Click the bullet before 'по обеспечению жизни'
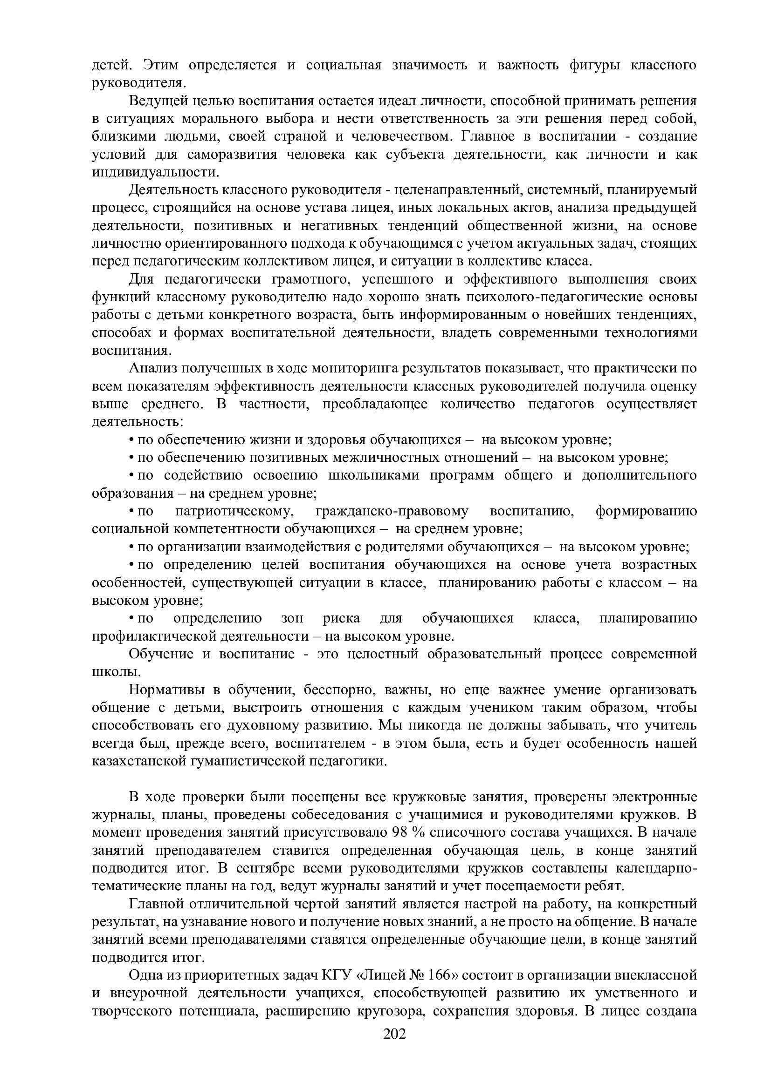point(131,440)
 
